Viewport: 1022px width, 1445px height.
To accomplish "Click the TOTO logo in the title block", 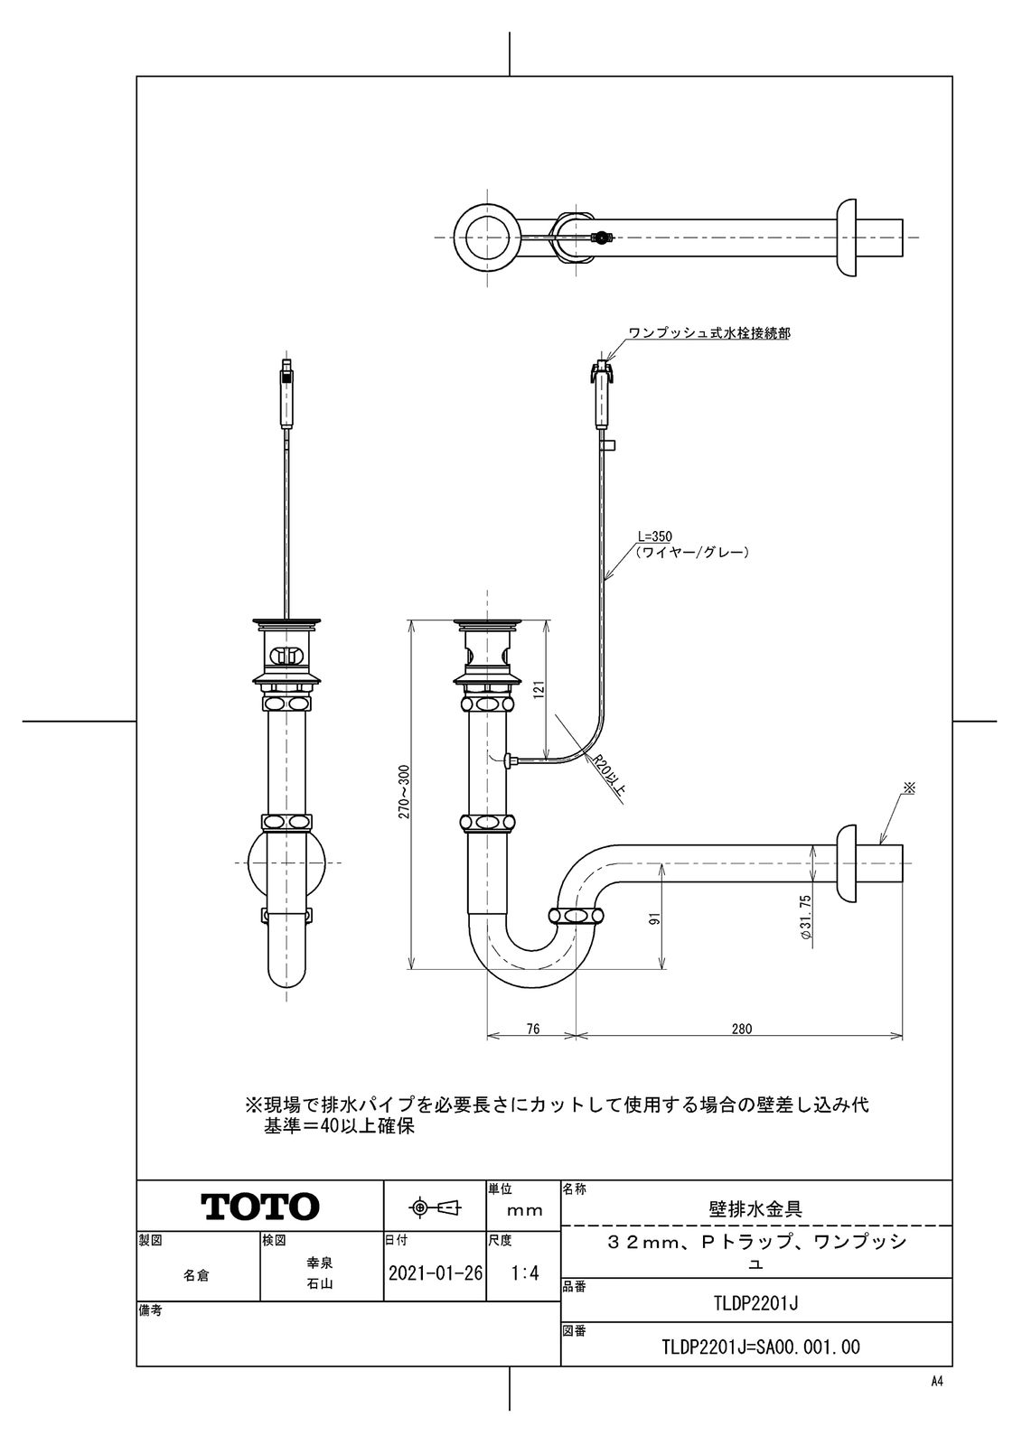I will click(x=259, y=1207).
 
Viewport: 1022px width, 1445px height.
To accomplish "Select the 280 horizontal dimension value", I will click(x=742, y=1028).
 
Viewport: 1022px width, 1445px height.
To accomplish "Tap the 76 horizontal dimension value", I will click(x=532, y=1028).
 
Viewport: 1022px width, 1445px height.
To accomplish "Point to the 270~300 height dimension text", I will click(x=404, y=792).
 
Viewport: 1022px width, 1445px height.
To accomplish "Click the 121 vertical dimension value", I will click(x=537, y=691).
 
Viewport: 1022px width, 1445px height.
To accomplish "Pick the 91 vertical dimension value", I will click(x=655, y=918).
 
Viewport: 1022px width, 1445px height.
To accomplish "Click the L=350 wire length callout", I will click(x=655, y=536).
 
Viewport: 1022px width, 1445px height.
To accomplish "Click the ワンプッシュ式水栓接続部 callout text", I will click(x=709, y=333).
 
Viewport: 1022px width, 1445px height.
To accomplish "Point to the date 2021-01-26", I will click(x=435, y=1273).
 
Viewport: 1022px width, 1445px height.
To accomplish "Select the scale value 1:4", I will click(x=524, y=1273).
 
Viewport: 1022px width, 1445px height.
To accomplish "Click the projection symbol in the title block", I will click(x=435, y=1207).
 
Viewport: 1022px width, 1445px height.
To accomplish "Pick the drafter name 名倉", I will click(x=197, y=1275).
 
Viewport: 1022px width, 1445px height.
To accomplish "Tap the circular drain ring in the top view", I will click(x=487, y=237).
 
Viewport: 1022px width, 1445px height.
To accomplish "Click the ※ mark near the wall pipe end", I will click(x=910, y=788).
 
